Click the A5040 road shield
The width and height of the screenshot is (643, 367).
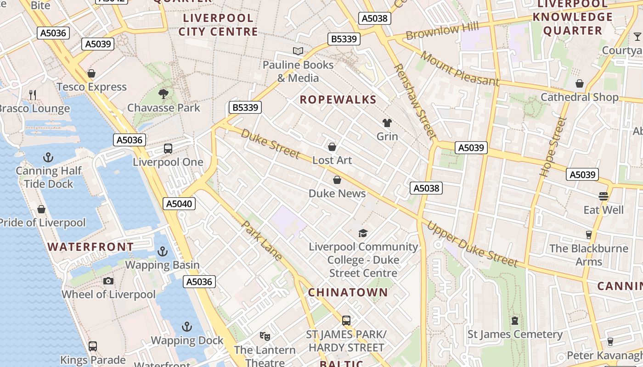[x=179, y=204]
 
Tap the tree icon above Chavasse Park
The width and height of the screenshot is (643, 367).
[x=163, y=94]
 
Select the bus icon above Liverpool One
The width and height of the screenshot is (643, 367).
[x=168, y=149]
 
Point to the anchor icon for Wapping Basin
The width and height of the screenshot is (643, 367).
[x=162, y=251]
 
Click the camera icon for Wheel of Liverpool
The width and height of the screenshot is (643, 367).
[x=108, y=281]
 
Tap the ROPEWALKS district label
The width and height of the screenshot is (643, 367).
[x=338, y=100]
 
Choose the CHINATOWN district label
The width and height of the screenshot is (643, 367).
[x=348, y=292]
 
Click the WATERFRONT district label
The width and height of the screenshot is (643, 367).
[x=90, y=247]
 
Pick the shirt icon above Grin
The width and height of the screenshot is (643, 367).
[x=387, y=123]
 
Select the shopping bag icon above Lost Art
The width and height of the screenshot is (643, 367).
[x=332, y=147]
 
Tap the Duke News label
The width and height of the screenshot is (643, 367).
[x=337, y=193]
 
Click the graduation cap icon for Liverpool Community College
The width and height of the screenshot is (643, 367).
[x=363, y=233]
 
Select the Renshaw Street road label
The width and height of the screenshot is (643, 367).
[x=414, y=101]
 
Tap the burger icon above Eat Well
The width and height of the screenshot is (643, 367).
[x=604, y=196]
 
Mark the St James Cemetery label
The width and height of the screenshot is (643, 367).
[x=515, y=334]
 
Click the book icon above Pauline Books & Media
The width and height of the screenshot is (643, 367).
[x=298, y=51]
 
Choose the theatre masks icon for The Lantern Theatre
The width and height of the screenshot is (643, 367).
[x=265, y=336]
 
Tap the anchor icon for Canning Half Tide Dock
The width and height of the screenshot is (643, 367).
[x=48, y=158]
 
